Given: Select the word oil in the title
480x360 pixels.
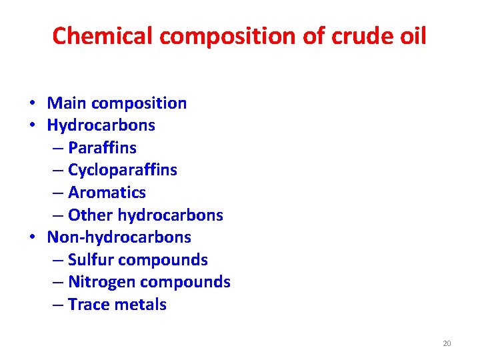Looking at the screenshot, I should coord(411,35).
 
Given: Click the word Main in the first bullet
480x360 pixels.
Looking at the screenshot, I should coord(67,103).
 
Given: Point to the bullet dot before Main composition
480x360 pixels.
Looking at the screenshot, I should coord(32,104).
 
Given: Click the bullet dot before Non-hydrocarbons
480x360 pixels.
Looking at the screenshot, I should coord(32,238).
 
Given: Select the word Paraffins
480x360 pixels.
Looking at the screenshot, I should coord(102,147).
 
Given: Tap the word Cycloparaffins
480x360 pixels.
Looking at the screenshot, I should coord(123,170).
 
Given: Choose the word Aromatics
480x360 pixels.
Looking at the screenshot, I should coord(107,193).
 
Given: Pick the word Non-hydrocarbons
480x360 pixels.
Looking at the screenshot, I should coord(119,237).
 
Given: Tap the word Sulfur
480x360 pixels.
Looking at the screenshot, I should coord(90,260).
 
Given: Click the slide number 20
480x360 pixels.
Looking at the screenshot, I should coord(447,343).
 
